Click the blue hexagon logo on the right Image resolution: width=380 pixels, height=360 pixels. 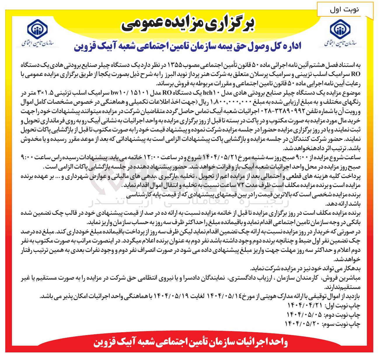[340, 30]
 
